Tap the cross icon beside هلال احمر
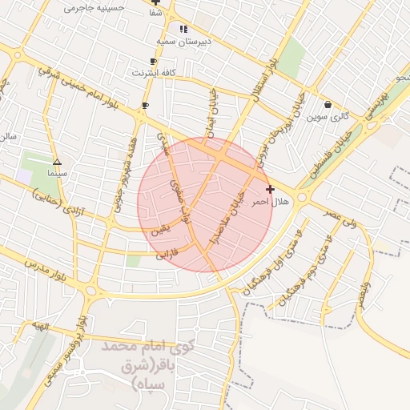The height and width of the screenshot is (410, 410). [270, 190]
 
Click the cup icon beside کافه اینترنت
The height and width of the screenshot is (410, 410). [153, 61]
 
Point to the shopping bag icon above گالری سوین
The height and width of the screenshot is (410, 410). [328, 105]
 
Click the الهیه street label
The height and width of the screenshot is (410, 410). [40, 327]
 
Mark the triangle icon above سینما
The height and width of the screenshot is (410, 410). [56, 160]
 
